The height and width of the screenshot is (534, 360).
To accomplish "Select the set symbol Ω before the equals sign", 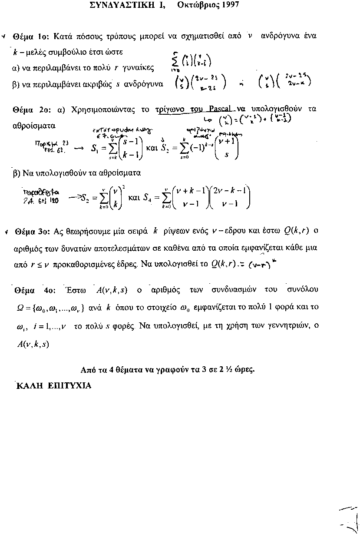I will [x=18, y=307].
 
